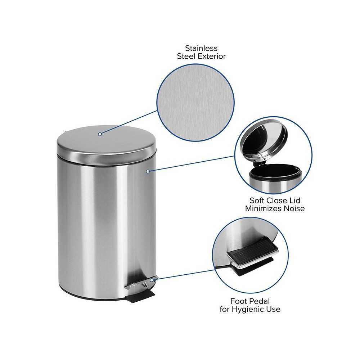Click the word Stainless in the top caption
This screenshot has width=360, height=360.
201,48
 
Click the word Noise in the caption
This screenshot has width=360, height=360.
294,208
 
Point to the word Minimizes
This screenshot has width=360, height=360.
264,208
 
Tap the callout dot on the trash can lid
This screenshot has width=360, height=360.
100,134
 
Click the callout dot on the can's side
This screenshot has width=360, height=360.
148,171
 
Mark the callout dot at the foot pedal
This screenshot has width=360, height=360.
152,280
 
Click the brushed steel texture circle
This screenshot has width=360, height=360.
195,103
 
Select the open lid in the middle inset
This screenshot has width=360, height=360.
264,140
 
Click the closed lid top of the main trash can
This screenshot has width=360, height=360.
106,140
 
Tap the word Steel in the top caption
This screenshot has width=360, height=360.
186,56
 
